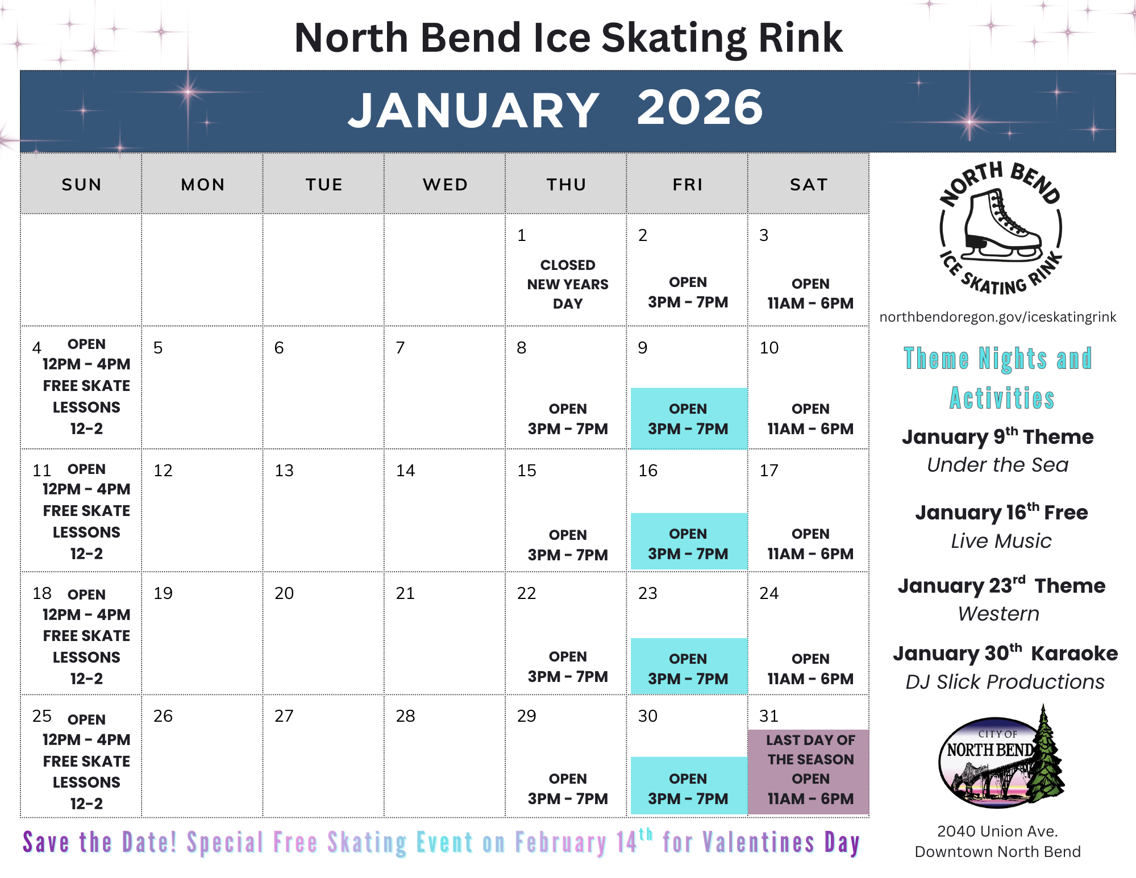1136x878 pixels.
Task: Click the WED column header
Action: [x=445, y=185]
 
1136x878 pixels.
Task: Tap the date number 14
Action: [x=405, y=471]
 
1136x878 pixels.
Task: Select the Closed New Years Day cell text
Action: [x=567, y=284]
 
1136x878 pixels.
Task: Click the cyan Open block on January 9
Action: [x=688, y=419]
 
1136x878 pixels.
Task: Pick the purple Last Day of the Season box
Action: [x=809, y=771]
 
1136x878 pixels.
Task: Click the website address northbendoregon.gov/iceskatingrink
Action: [x=997, y=317]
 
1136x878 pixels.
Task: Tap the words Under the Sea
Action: [x=997, y=465]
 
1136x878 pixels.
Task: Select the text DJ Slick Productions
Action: [x=1005, y=681]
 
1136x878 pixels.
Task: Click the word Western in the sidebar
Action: [x=998, y=614]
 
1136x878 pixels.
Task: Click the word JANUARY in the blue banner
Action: [x=473, y=110]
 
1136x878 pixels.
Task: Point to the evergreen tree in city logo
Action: [x=1046, y=756]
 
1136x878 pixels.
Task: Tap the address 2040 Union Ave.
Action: [x=997, y=831]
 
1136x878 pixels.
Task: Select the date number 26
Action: [x=163, y=716]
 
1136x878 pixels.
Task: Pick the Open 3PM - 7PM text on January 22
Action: [x=567, y=667]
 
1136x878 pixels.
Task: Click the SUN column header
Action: [x=81, y=185]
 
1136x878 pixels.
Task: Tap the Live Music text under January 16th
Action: [x=1001, y=541]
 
